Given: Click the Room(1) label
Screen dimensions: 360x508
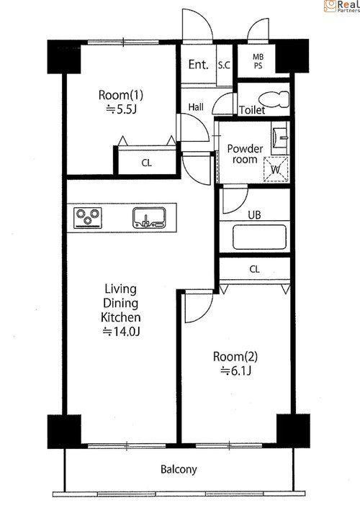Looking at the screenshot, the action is coord(121,95).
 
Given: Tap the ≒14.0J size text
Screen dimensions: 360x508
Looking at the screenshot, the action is coord(121,332).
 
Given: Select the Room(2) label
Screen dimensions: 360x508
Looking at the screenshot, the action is coord(235,357).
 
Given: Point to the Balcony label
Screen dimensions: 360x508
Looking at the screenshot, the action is coord(179,469).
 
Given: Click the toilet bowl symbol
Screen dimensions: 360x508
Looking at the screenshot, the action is coord(274,99).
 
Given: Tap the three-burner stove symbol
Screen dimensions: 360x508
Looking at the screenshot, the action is coord(88,218).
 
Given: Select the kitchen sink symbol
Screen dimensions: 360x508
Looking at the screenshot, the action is coord(149,217).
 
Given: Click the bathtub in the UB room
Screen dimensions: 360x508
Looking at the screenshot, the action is coord(259,237).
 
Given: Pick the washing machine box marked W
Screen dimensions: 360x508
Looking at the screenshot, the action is coord(276,169).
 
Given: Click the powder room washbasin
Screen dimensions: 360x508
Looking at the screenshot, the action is coord(280,138).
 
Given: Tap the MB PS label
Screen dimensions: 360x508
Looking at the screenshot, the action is coord(258,61).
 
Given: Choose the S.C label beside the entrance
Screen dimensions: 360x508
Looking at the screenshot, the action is coord(224,65).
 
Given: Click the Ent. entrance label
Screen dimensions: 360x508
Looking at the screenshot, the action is coord(198,65).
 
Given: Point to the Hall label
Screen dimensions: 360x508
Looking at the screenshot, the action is coord(196,106).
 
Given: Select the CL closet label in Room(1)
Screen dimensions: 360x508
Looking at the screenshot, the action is coord(147,163).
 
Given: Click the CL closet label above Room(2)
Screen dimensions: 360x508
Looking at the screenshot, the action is coord(255,269).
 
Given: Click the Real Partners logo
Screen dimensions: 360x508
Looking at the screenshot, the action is coord(342,6).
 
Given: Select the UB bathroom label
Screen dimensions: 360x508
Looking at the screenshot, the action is coord(254,215).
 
